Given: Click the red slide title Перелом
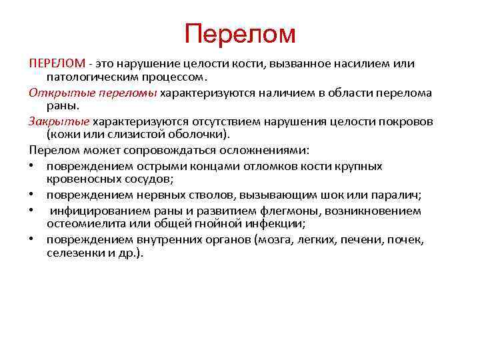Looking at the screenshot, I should (x=239, y=33).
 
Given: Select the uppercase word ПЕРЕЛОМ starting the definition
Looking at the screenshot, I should (x=57, y=63).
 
